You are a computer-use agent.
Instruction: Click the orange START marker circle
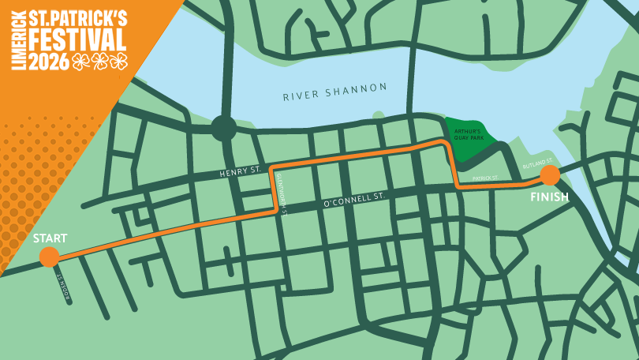(x=49, y=257)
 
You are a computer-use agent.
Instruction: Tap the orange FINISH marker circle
(x=550, y=175)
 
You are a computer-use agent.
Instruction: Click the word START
(x=50, y=238)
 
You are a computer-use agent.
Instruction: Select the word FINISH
(x=550, y=197)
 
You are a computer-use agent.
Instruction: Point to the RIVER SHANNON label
(x=336, y=92)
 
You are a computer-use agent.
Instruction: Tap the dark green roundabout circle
(x=223, y=128)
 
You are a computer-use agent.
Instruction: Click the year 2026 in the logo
(x=49, y=62)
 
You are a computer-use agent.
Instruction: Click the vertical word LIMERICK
(x=18, y=41)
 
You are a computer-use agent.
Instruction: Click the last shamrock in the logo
(x=118, y=62)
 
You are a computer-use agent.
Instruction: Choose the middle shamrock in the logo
(x=99, y=62)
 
